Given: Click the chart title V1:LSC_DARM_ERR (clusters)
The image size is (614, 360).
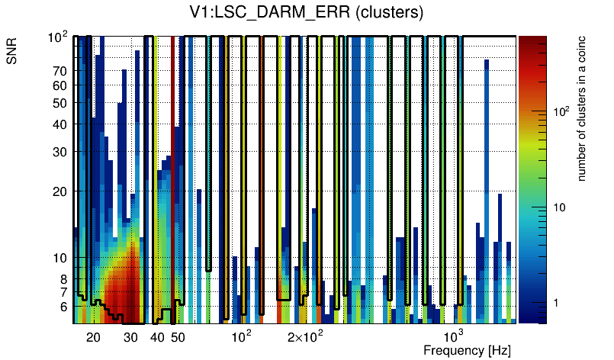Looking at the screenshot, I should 307,13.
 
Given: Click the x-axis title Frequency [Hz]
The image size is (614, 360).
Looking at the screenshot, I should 467,350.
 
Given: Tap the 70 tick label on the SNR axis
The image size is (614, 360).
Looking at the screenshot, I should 59,71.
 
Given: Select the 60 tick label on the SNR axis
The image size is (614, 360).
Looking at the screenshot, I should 59,85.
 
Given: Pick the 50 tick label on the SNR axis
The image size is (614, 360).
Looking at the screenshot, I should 59,103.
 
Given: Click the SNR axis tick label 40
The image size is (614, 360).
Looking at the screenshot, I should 59,124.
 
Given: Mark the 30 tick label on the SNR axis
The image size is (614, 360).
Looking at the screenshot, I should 59,152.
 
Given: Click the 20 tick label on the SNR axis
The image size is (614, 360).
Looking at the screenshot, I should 59,191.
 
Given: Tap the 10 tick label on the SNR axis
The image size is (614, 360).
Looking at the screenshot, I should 59,258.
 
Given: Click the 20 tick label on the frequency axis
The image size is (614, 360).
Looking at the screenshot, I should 93,337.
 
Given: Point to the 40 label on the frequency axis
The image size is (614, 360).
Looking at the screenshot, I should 157,337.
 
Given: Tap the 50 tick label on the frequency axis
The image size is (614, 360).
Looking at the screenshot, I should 178,337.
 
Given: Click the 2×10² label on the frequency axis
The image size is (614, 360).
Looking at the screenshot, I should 305,336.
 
